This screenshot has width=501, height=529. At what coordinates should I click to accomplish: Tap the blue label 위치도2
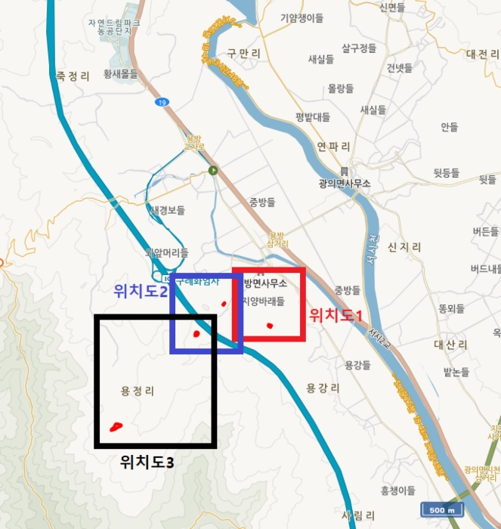140,290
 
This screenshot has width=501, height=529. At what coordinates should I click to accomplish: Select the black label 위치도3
147,462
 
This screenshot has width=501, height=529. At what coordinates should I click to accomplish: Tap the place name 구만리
243,53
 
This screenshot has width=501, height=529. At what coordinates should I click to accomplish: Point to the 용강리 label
323,388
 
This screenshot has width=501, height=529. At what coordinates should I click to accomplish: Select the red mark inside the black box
116,427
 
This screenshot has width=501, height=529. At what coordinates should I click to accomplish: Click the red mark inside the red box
270,326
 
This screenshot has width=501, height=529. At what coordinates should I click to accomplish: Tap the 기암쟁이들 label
302,17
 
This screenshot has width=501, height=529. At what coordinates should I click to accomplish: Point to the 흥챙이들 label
398,490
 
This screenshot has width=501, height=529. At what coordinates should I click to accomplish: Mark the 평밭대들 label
314,116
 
